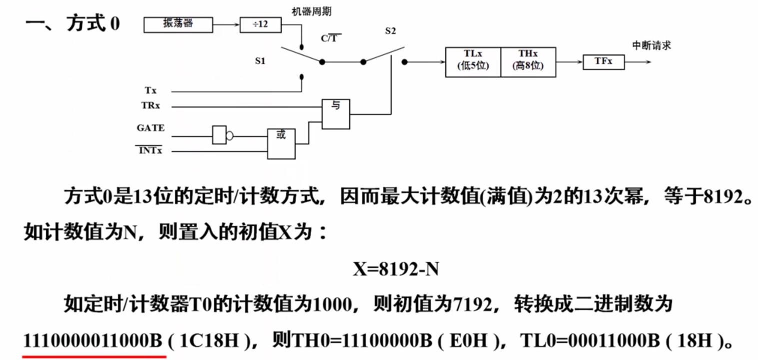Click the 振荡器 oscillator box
click(x=178, y=24)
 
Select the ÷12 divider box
click(x=260, y=24)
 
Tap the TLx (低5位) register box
click(x=473, y=62)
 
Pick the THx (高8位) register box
click(x=528, y=62)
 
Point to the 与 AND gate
click(x=336, y=114)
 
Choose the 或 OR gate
click(x=281, y=143)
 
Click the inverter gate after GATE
click(x=220, y=135)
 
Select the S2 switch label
click(x=390, y=31)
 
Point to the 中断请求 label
click(x=651, y=45)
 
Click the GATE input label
click(x=151, y=128)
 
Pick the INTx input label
click(x=151, y=150)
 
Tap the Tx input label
click(x=151, y=90)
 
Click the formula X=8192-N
click(x=396, y=269)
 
